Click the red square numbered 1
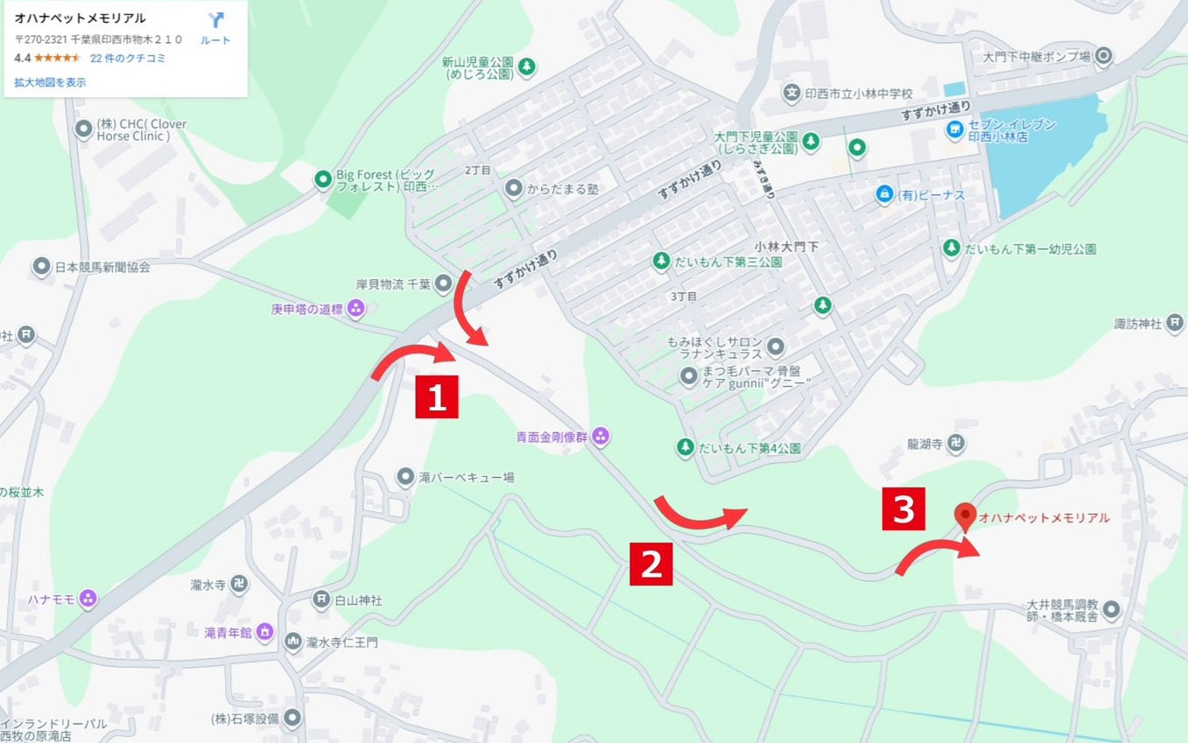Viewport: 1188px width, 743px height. [x=437, y=398]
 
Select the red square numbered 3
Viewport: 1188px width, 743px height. [x=903, y=509]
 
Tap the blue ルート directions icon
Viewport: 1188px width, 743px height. [x=215, y=21]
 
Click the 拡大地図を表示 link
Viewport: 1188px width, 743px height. [x=50, y=82]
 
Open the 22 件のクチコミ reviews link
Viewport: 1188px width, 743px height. [x=128, y=59]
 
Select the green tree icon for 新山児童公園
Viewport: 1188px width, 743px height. [x=527, y=66]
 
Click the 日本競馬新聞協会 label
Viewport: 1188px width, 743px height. [x=102, y=267]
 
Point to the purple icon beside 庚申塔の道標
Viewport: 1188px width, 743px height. [x=355, y=308]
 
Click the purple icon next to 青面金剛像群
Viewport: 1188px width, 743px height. [x=601, y=435]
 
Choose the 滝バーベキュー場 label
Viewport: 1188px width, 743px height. [x=466, y=478]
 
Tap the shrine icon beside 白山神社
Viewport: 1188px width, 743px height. [x=321, y=599]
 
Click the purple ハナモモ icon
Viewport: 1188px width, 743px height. [x=87, y=599]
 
